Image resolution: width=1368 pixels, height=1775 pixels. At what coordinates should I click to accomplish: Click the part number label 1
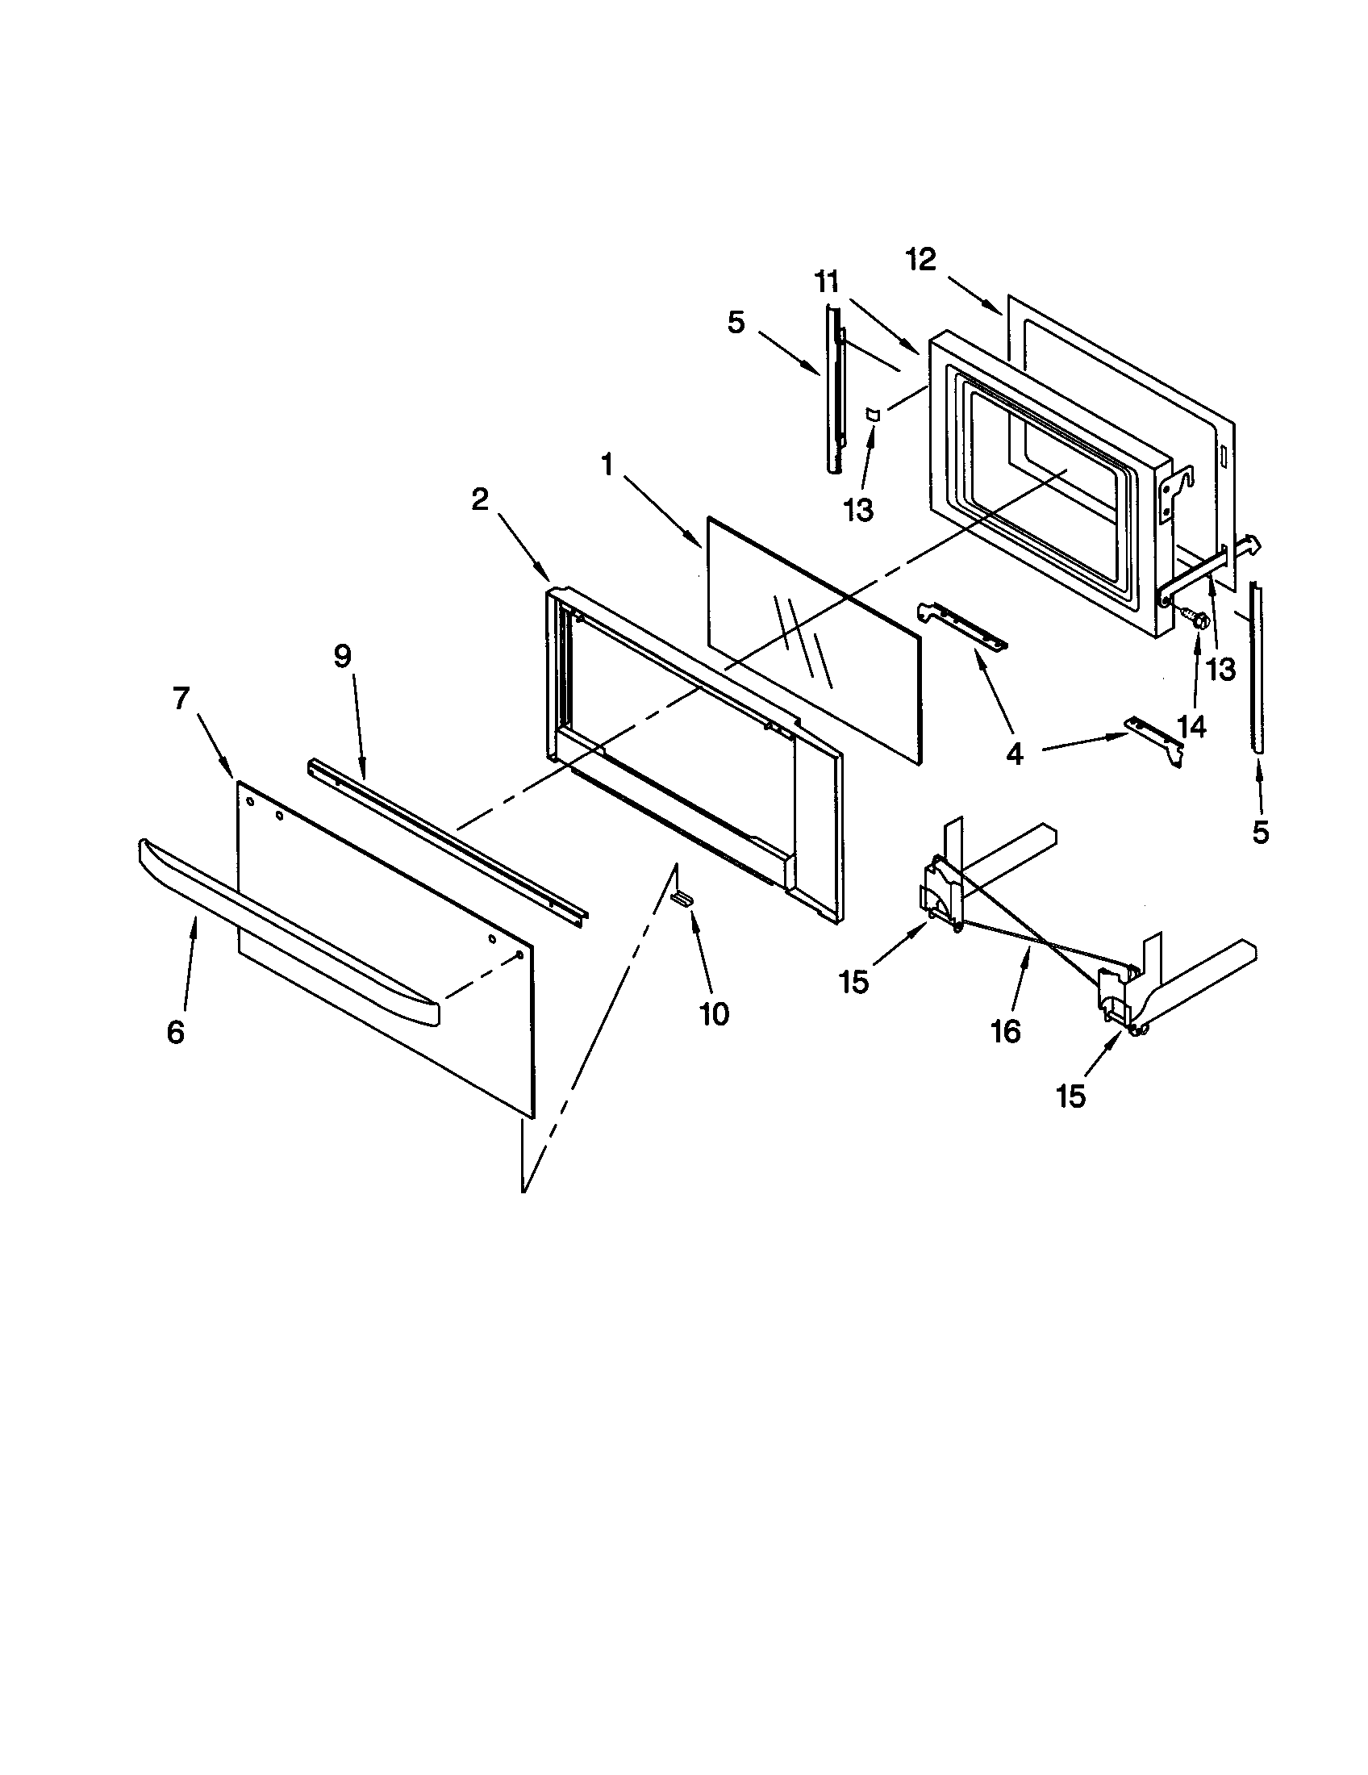click(607, 466)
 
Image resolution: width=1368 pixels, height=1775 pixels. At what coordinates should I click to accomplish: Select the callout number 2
click(480, 500)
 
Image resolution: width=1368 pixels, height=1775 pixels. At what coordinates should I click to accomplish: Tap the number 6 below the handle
click(176, 1032)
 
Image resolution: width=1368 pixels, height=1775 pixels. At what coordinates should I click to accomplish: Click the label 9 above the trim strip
click(342, 656)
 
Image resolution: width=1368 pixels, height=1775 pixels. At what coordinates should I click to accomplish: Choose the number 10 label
click(715, 1014)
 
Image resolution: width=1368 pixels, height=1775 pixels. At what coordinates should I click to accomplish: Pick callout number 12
click(921, 260)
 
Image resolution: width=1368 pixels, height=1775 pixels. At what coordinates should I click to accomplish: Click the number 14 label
click(1191, 727)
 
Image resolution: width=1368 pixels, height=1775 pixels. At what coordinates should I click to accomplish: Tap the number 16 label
click(1006, 1032)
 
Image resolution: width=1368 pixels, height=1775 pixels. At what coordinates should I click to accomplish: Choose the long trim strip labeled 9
click(447, 837)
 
